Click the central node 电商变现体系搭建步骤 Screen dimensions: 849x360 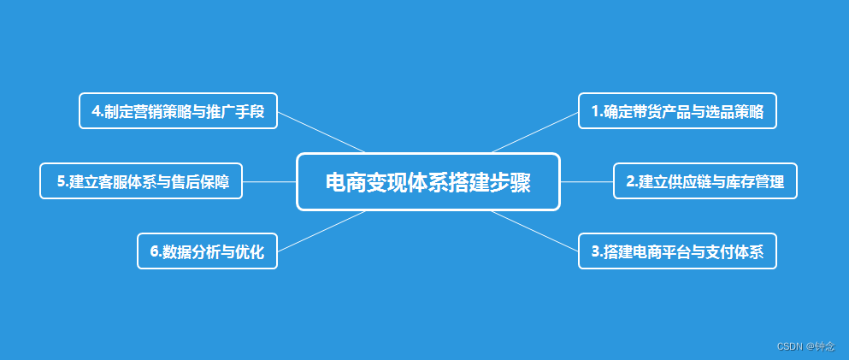pos(427,181)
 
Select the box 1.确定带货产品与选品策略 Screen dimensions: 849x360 pos(677,110)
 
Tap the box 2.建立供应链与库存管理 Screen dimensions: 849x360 pos(705,180)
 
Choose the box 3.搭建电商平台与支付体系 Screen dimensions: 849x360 pos(677,251)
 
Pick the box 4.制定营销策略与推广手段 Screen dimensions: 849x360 pos(178,110)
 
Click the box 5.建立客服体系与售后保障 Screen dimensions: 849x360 pos(141,180)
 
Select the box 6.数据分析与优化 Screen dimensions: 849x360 pos(207,251)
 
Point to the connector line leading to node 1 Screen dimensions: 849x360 pos(536,132)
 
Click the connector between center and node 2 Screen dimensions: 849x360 pos(587,181)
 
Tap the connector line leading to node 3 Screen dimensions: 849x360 pos(536,231)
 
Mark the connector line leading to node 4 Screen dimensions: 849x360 pos(321,132)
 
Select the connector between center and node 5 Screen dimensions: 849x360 pos(269,181)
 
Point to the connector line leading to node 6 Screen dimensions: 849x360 pos(321,231)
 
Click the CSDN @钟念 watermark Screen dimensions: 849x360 pos(805,346)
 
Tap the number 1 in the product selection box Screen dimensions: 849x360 pos(595,111)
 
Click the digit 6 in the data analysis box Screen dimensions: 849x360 pos(154,251)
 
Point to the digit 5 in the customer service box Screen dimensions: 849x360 pos(61,181)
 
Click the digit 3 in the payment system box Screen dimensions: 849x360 pos(595,251)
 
